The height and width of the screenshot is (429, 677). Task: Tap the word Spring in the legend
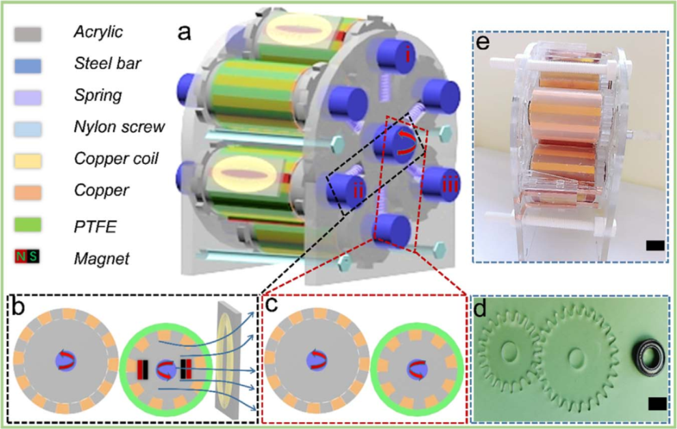(x=97, y=96)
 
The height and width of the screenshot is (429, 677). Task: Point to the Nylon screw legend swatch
(x=29, y=128)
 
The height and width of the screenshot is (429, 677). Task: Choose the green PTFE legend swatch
(x=29, y=223)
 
